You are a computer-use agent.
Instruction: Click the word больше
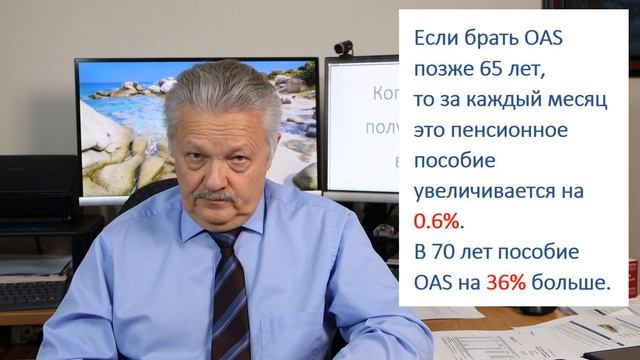(x=570, y=284)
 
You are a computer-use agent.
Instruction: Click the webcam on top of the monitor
(x=343, y=47)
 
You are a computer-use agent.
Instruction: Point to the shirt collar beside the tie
(x=255, y=232)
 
